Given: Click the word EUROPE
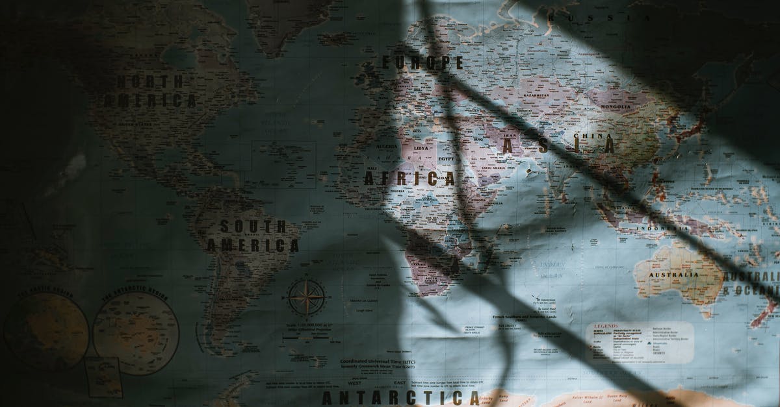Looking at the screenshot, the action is (422, 62).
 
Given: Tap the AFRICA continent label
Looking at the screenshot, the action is (409, 179).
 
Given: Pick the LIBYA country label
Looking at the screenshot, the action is (421, 148).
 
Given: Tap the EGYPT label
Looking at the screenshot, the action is (446, 158).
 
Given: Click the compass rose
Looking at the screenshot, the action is (307, 297).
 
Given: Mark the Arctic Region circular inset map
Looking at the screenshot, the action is (47, 331).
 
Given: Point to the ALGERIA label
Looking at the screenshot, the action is (387, 147).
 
